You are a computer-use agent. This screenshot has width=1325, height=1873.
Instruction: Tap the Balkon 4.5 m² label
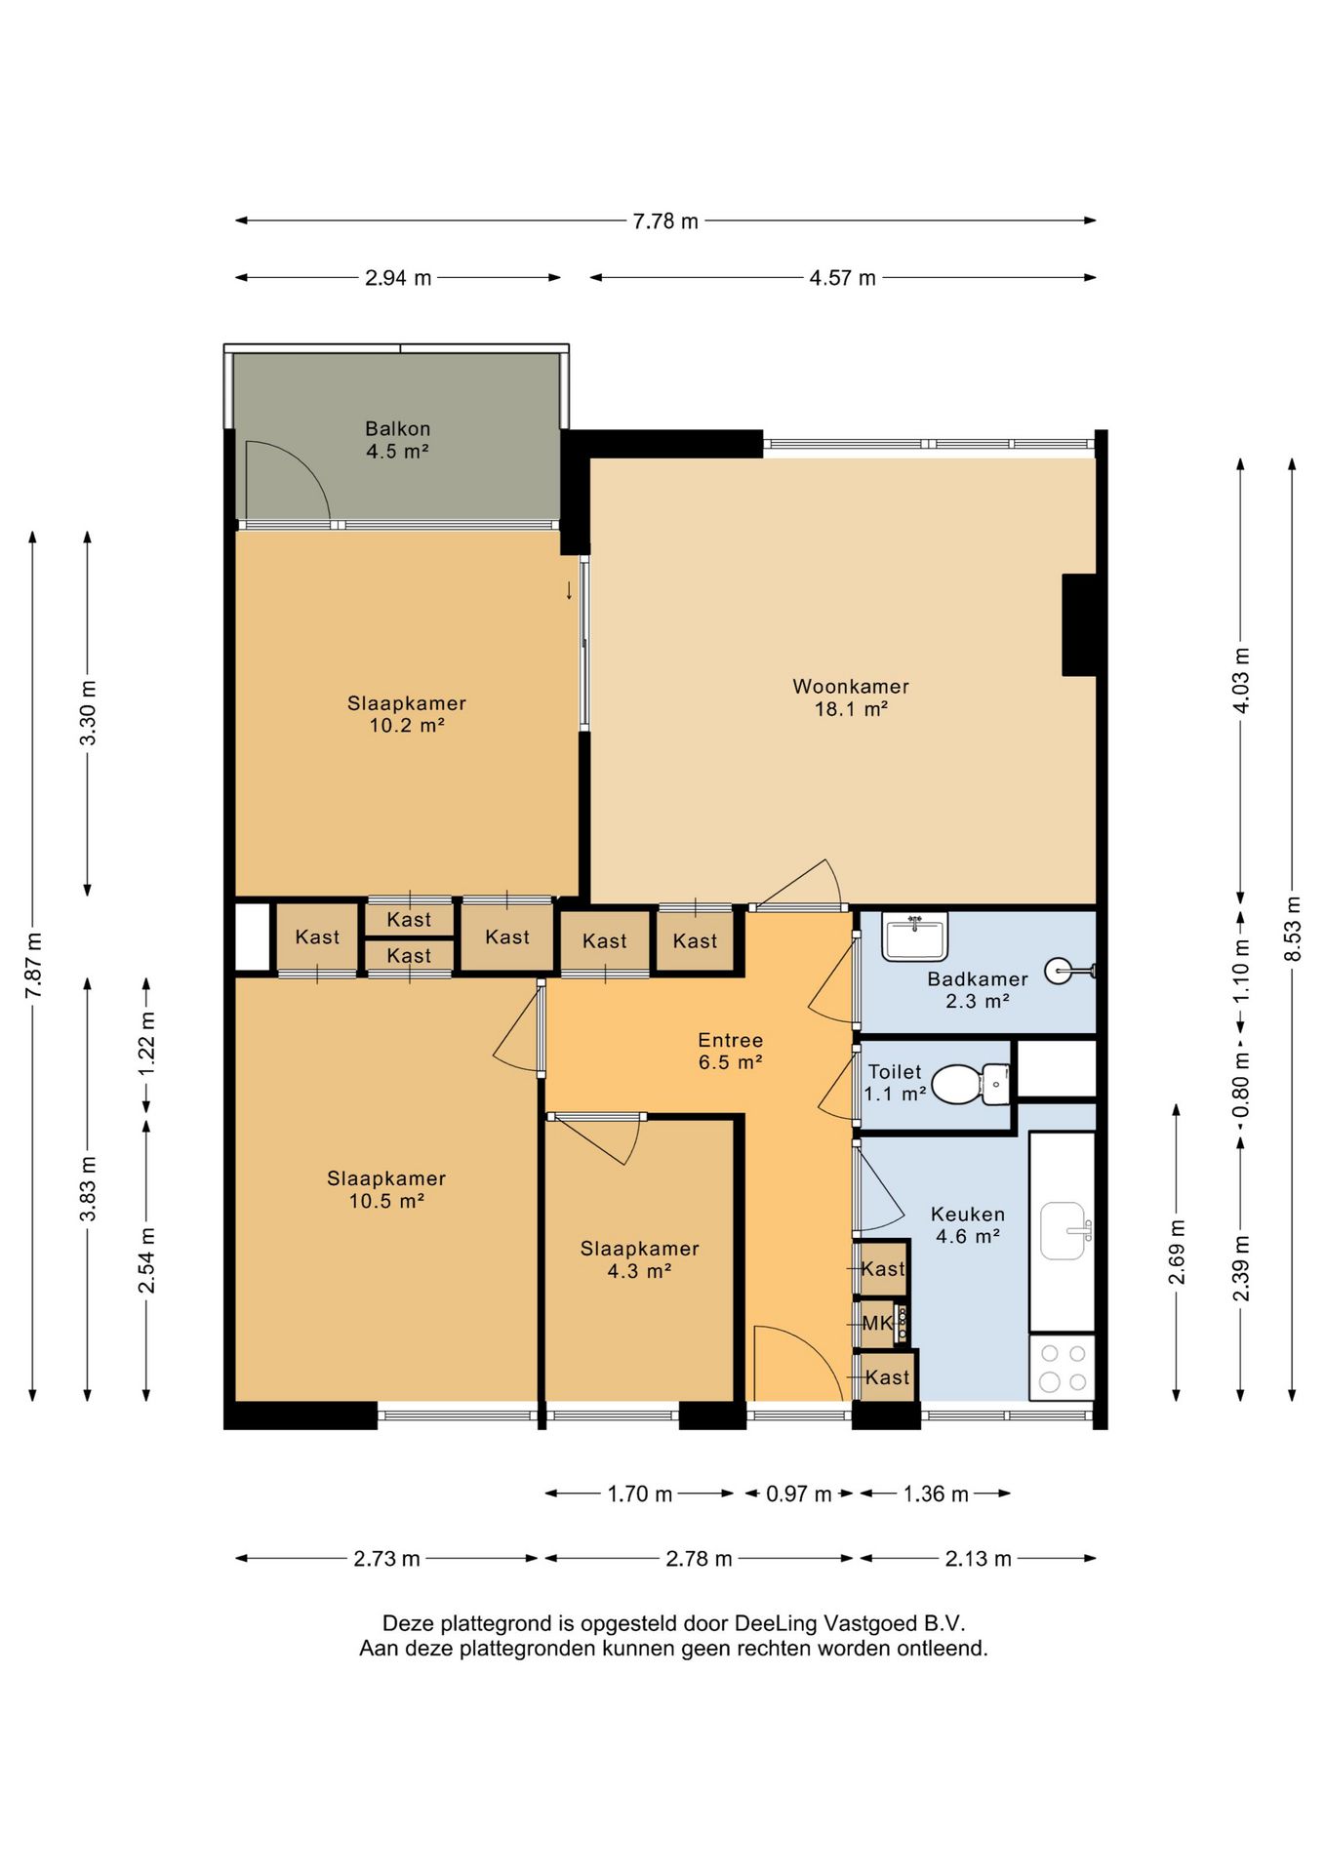[397, 440]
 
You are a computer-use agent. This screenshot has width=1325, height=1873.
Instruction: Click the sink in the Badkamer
[915, 936]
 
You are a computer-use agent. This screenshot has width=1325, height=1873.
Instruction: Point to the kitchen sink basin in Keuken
[1064, 1231]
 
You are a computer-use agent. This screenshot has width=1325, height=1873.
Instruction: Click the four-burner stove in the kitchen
[1063, 1368]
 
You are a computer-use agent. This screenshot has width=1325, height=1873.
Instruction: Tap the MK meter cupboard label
[877, 1323]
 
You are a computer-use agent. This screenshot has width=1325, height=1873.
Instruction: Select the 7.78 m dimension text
[665, 221]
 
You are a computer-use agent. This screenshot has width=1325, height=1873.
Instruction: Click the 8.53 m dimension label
[1293, 928]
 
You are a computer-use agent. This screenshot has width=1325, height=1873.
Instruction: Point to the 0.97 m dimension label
[798, 1494]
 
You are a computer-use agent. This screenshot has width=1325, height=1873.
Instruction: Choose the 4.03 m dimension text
[1241, 680]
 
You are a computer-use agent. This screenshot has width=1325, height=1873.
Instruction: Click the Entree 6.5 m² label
[730, 1052]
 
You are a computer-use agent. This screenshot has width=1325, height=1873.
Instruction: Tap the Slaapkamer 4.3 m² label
[639, 1259]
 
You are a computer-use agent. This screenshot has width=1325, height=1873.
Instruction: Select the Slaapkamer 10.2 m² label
[407, 714]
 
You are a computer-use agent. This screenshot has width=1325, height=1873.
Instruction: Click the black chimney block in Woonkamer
[1079, 624]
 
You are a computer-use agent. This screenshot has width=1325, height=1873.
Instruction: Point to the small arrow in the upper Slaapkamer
[570, 591]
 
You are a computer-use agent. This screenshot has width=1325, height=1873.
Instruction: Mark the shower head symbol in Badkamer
[1069, 971]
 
